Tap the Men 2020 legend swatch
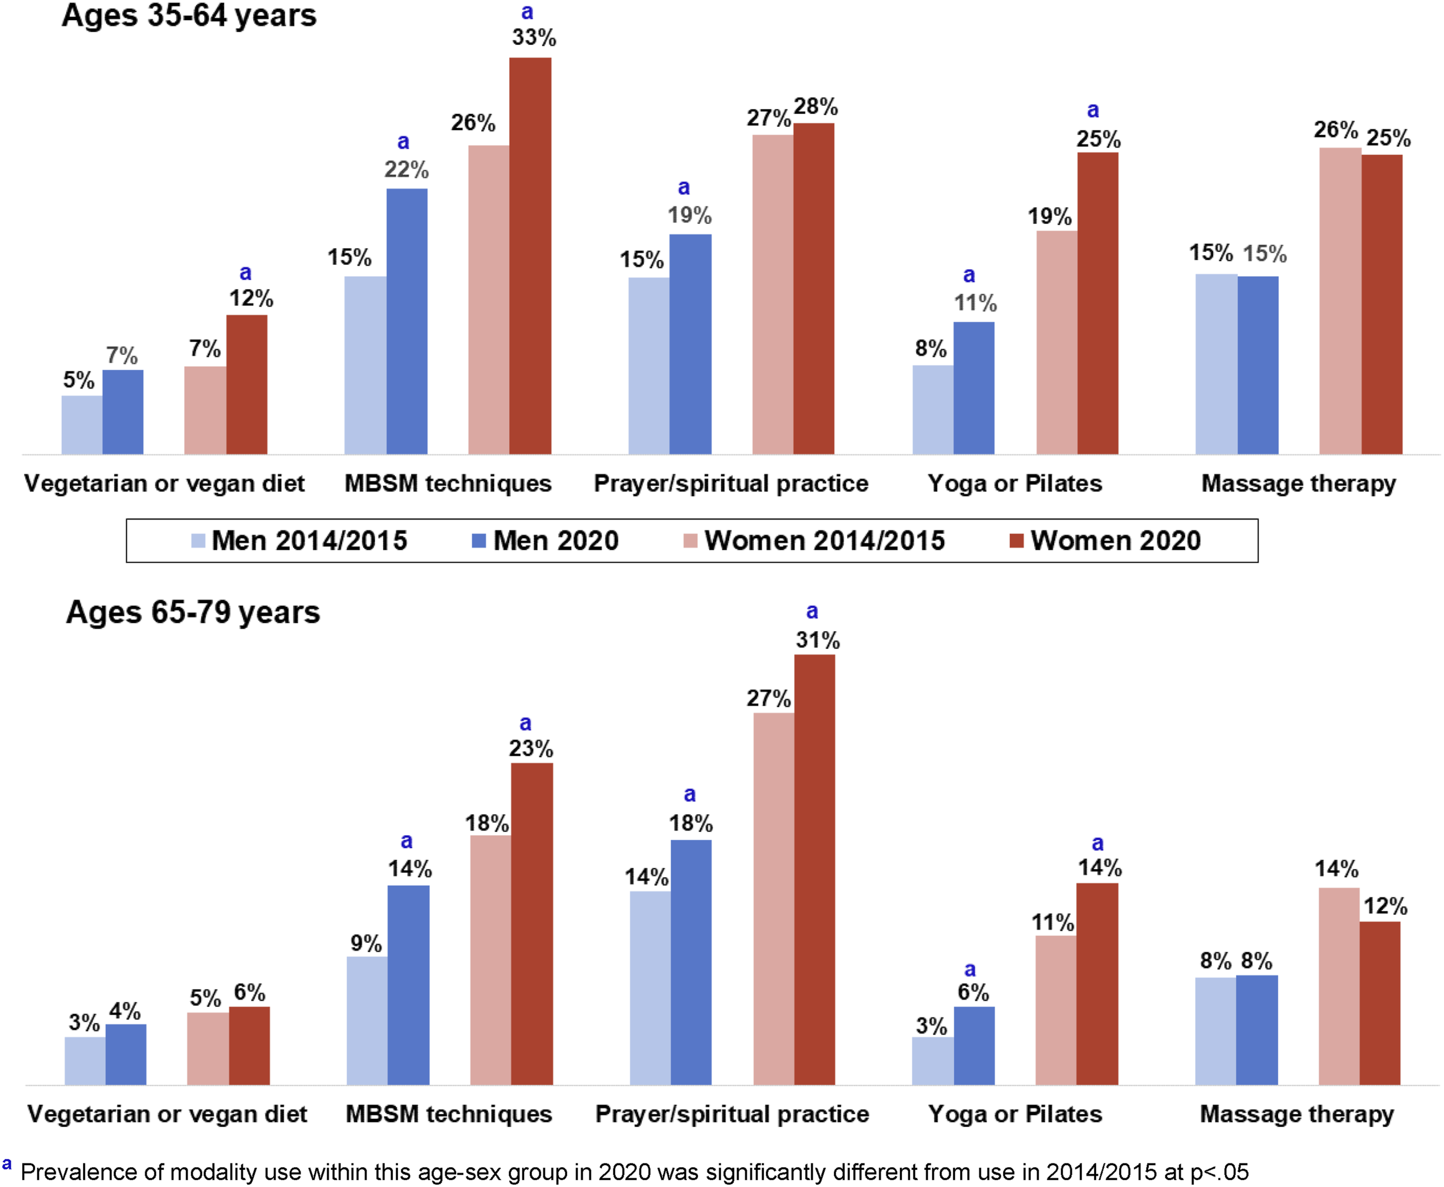click(x=479, y=541)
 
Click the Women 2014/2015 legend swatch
click(x=690, y=541)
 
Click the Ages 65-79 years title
click(x=193, y=612)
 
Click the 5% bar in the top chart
click(x=82, y=425)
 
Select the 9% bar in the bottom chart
click(x=367, y=1021)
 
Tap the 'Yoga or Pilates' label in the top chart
click(x=1015, y=483)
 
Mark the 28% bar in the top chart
click(x=813, y=289)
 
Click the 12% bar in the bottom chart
click(x=1380, y=1003)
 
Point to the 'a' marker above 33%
click(x=527, y=11)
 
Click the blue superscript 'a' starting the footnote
click(x=7, y=1164)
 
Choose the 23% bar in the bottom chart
click(x=532, y=924)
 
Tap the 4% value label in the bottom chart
click(x=125, y=1011)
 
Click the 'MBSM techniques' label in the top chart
click(x=447, y=483)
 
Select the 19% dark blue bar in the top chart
click(x=690, y=344)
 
